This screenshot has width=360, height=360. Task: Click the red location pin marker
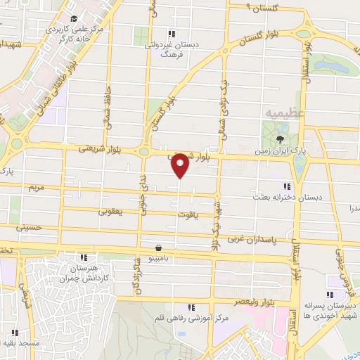[180, 166]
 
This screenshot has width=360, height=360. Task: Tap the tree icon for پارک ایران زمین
[281, 139]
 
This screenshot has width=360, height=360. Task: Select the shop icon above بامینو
[160, 248]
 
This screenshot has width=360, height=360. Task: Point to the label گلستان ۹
[261, 6]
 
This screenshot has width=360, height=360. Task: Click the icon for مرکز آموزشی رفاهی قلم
[191, 307]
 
